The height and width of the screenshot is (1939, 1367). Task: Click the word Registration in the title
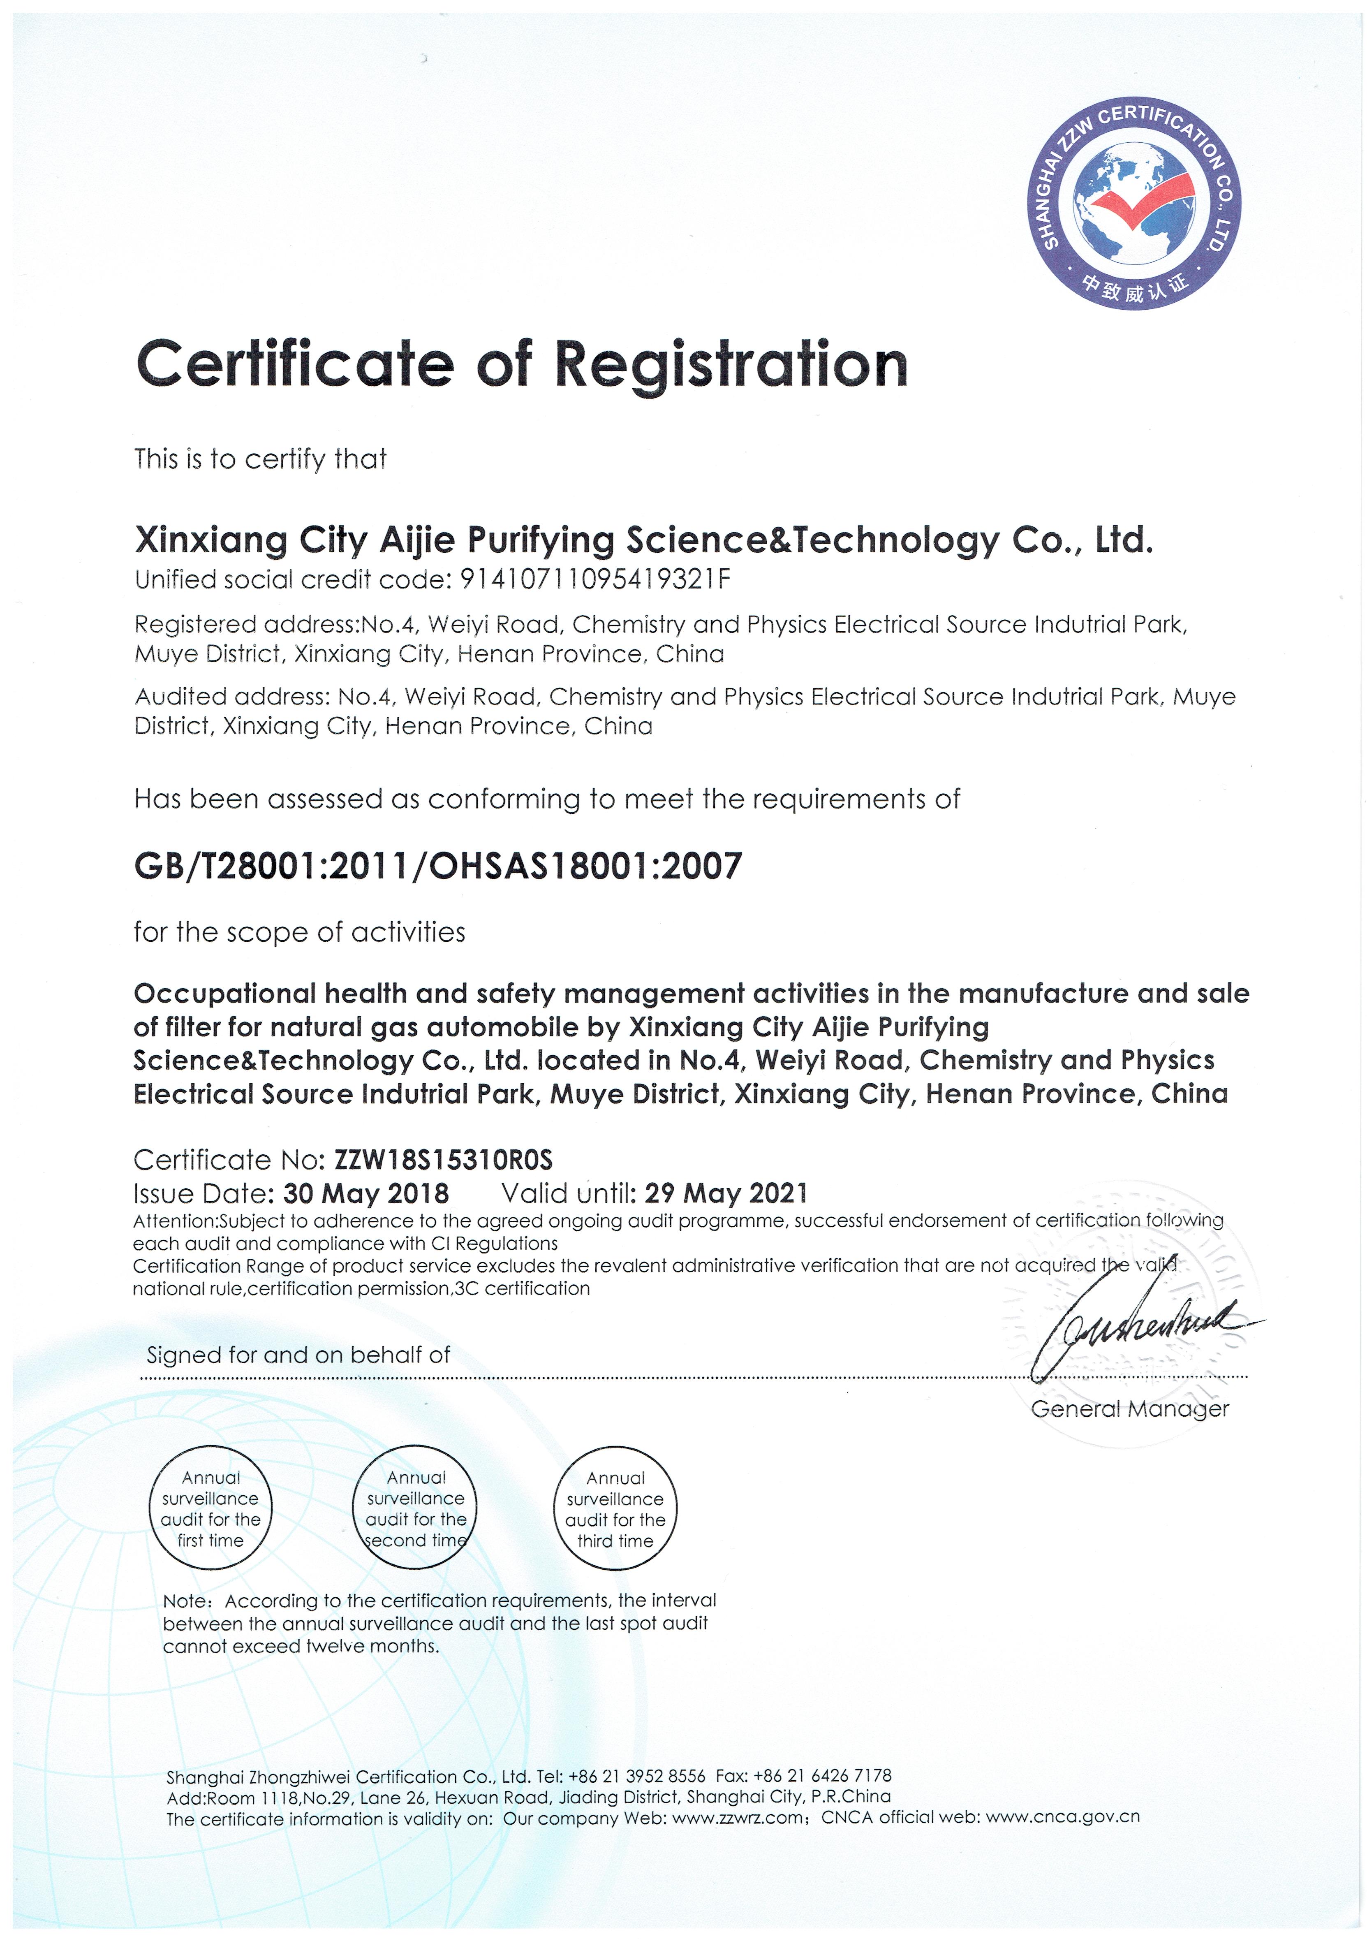point(730,365)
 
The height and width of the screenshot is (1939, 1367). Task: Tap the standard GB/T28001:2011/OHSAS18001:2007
point(437,866)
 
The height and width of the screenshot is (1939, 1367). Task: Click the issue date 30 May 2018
point(365,1193)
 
